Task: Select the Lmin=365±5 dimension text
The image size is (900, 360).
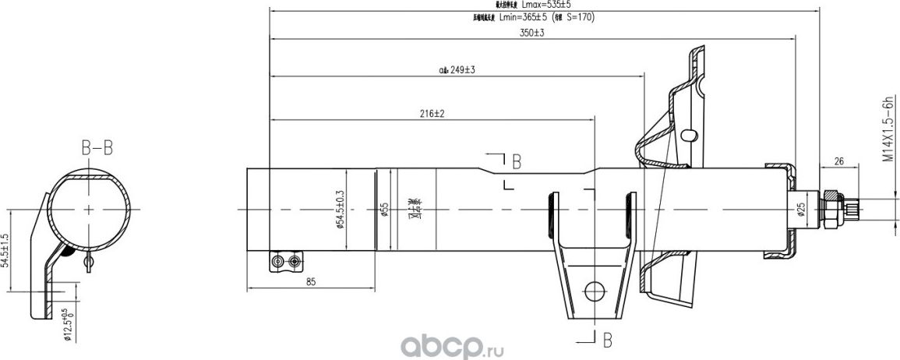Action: point(524,16)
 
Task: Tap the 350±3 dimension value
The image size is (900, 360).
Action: point(531,33)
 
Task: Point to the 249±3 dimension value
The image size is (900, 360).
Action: point(462,70)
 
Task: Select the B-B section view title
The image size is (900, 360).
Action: point(97,146)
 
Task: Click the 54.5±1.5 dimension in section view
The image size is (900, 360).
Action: point(6,250)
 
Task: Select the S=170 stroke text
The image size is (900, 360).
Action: point(579,16)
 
